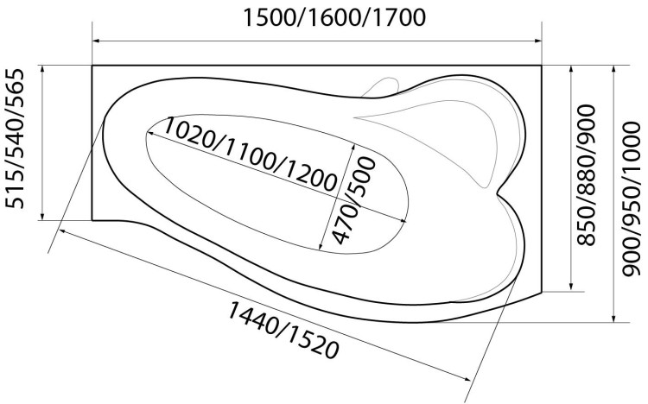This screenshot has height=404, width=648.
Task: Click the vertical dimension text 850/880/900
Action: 588,175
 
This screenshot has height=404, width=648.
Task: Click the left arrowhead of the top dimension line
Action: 97,41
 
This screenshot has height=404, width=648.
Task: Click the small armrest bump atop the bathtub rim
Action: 381,87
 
